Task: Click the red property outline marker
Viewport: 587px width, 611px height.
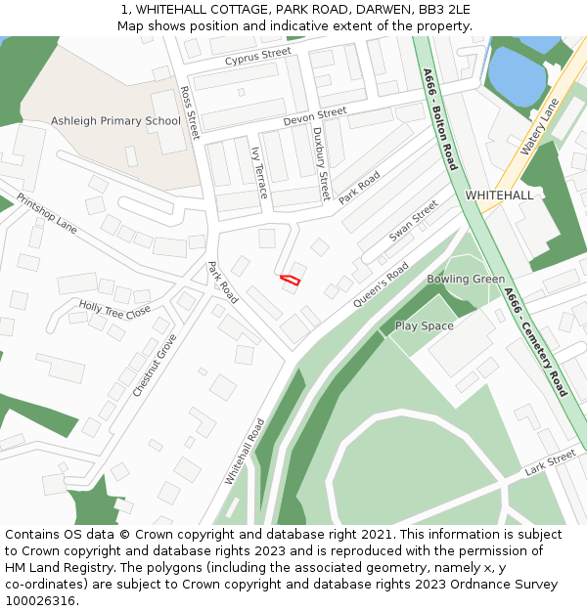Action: point(290,280)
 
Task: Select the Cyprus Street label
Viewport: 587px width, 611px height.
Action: point(258,58)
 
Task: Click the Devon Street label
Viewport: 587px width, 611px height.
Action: point(315,116)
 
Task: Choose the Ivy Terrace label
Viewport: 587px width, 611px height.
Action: point(259,173)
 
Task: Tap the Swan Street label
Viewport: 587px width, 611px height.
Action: point(414,221)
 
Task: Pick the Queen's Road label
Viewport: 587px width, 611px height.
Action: point(382,284)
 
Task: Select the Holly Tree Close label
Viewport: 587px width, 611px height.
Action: point(114,310)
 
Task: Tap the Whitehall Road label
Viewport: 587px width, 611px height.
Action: point(245,451)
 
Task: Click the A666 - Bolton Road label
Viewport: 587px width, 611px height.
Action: point(439,119)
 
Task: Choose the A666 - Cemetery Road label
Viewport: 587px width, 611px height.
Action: point(535,341)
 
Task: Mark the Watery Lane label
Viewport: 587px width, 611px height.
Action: point(539,126)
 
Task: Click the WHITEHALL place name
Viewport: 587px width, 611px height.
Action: point(499,196)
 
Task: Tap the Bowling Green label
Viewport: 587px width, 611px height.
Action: point(466,279)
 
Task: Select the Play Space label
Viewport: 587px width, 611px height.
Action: point(424,326)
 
